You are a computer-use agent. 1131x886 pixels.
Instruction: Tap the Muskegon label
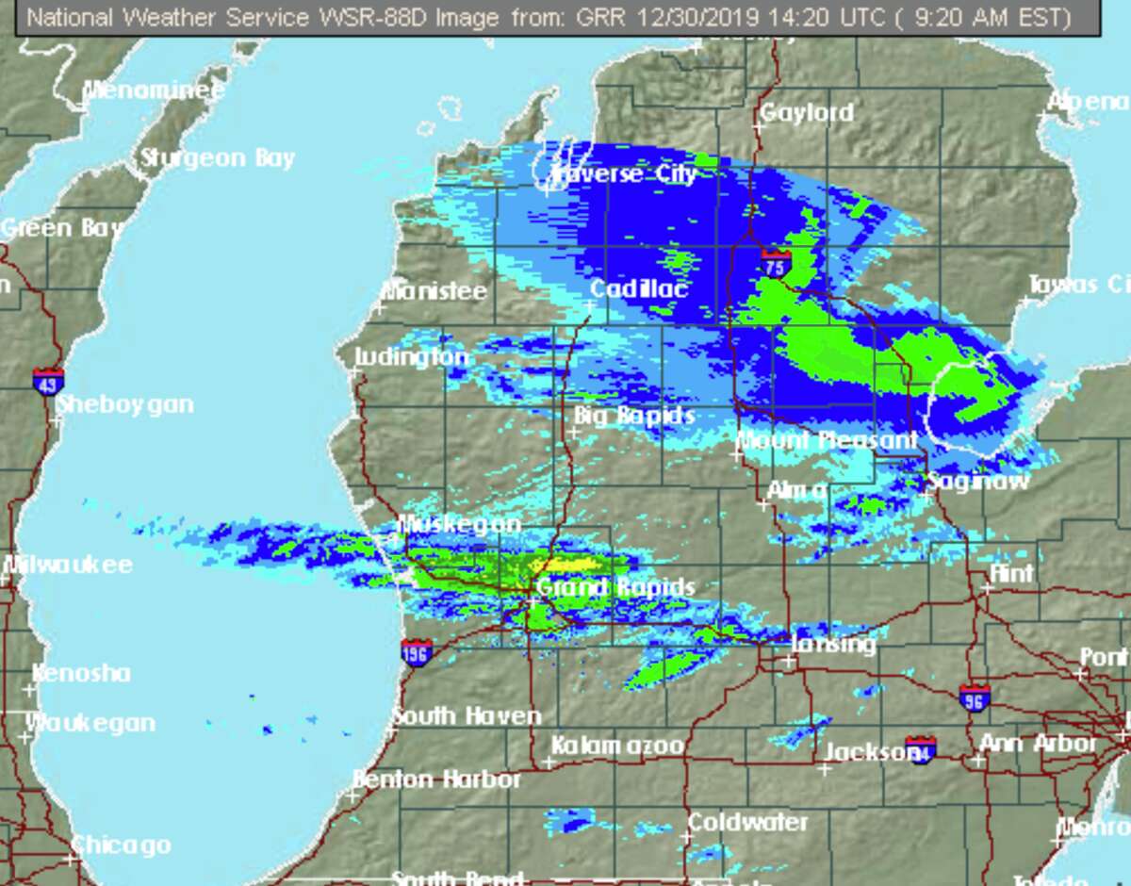(x=460, y=524)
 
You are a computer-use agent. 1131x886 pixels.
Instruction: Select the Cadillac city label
(x=639, y=288)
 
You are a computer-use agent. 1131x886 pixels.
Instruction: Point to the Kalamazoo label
(x=617, y=746)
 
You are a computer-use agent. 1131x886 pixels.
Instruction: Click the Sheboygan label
(x=125, y=404)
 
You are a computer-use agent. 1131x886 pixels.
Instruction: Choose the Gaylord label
(x=807, y=113)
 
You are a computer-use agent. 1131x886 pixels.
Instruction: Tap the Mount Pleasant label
(x=827, y=439)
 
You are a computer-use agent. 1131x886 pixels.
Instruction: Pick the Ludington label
(x=411, y=357)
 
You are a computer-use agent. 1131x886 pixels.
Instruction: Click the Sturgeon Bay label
(x=218, y=158)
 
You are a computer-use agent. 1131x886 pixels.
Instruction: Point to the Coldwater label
(x=747, y=822)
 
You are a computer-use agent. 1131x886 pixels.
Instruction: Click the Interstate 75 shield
(x=776, y=264)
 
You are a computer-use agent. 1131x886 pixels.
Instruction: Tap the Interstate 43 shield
(x=48, y=381)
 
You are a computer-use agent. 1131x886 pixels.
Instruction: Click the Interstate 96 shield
(x=975, y=698)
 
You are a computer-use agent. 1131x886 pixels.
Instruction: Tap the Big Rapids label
(x=635, y=416)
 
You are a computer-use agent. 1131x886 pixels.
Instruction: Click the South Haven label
(x=467, y=716)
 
